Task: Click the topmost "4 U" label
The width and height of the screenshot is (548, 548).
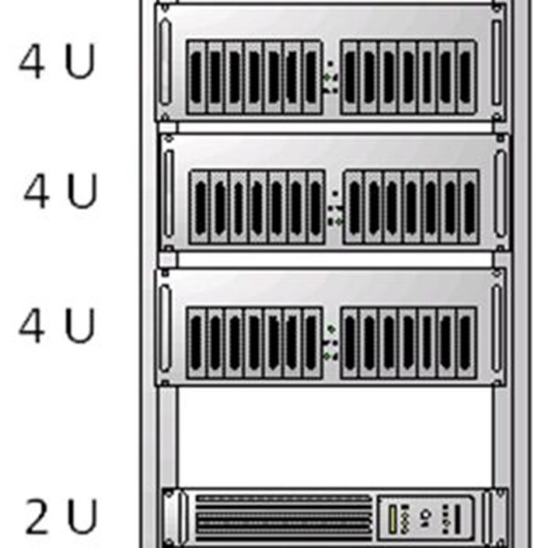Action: click(x=57, y=61)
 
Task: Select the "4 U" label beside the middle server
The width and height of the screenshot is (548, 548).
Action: click(x=60, y=193)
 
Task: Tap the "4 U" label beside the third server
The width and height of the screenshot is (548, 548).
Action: click(x=57, y=326)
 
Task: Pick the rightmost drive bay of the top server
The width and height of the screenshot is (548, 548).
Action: click(x=466, y=77)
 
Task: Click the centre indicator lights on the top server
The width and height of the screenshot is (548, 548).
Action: click(x=332, y=77)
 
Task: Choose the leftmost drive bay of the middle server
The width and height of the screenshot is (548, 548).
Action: click(x=200, y=207)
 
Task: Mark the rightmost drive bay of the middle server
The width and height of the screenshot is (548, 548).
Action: click(x=469, y=207)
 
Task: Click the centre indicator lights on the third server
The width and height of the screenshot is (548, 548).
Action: click(x=332, y=342)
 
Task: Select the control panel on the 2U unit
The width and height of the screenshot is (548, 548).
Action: click(x=425, y=518)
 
